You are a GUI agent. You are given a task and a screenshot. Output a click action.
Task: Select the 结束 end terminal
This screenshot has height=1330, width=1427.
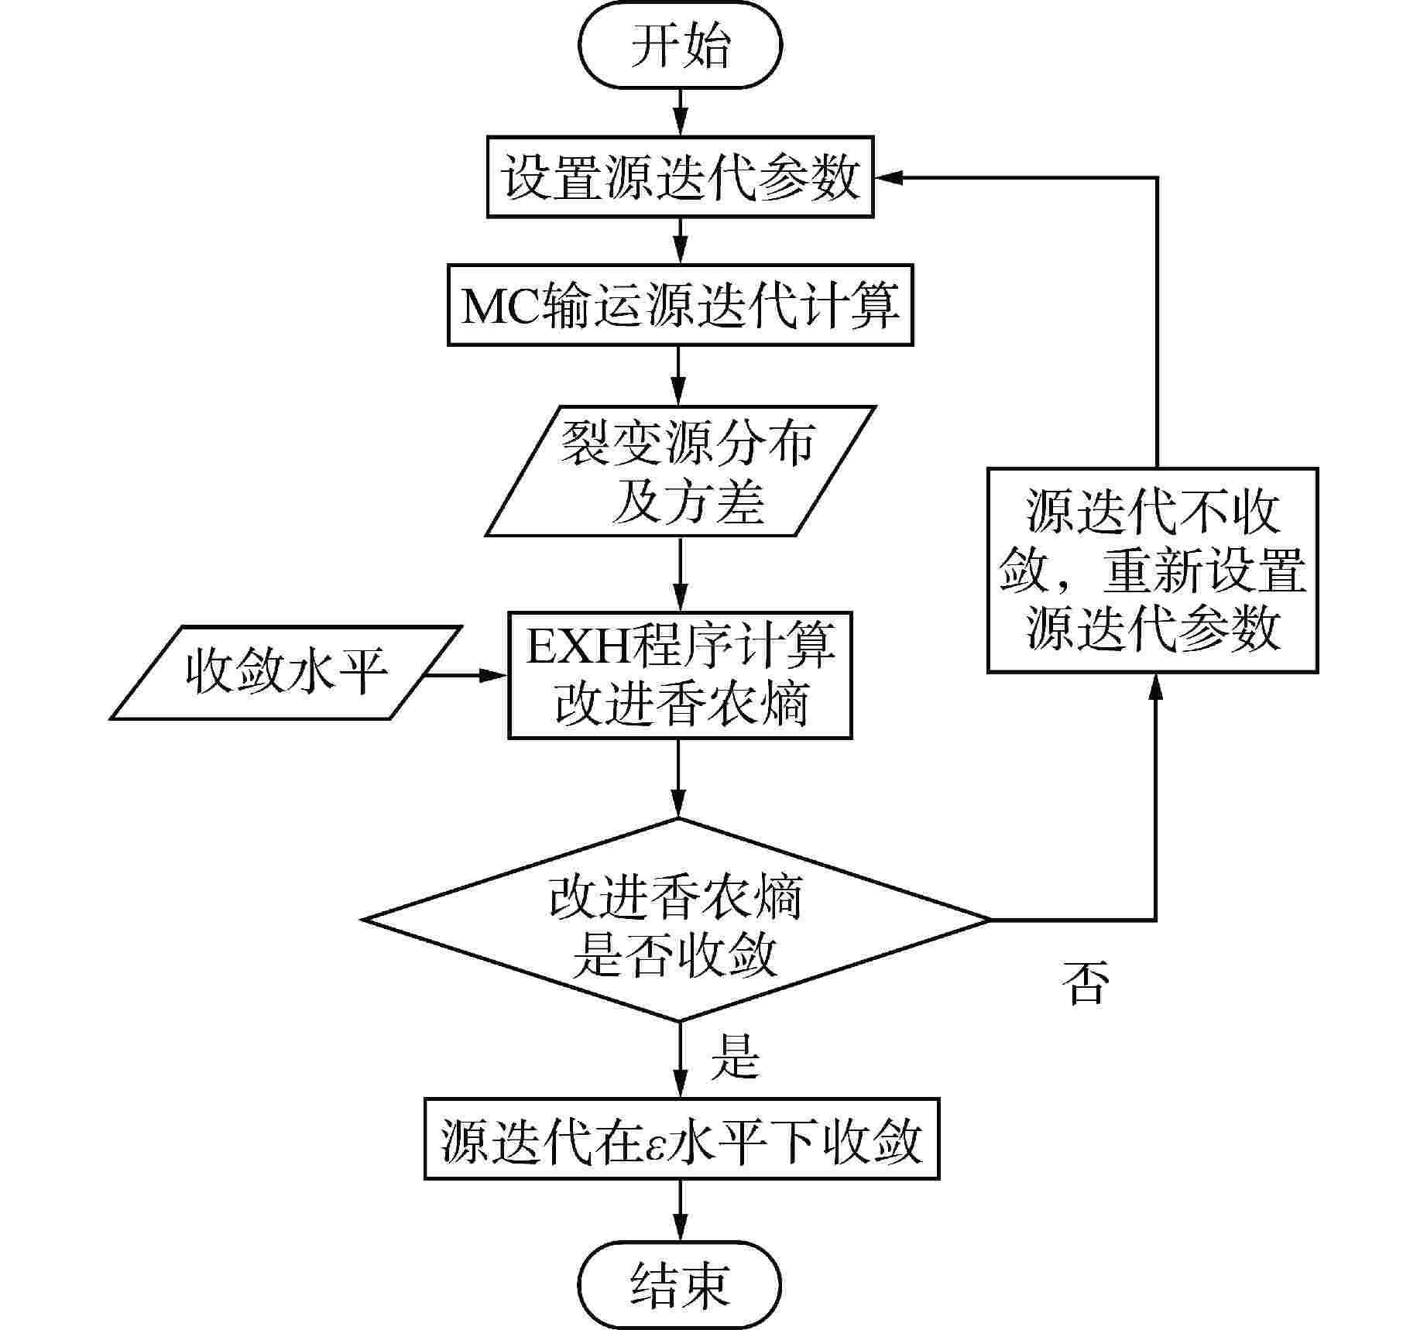680,1286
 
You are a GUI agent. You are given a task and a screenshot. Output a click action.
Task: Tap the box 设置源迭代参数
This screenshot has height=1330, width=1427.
680,177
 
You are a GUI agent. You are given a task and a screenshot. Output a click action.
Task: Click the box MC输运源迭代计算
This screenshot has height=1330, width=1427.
680,305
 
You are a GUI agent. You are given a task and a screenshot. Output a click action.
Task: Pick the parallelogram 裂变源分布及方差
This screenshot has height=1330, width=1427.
680,471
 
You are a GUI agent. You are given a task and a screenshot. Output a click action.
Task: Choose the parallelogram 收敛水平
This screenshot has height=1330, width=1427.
286,672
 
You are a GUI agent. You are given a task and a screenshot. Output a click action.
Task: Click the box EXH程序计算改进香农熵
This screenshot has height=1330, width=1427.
680,675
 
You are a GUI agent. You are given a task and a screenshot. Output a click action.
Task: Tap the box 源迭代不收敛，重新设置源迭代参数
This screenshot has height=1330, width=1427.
1152,571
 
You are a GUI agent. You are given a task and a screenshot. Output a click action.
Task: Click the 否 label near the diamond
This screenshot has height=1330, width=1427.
1086,983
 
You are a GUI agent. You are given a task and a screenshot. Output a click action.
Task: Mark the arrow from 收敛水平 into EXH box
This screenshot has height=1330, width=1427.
465,675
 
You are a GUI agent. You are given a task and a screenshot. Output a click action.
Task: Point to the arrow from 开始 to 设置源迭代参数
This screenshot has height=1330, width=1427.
680,112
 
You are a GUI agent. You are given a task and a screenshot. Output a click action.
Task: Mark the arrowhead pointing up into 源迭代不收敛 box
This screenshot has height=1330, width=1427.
1156,686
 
